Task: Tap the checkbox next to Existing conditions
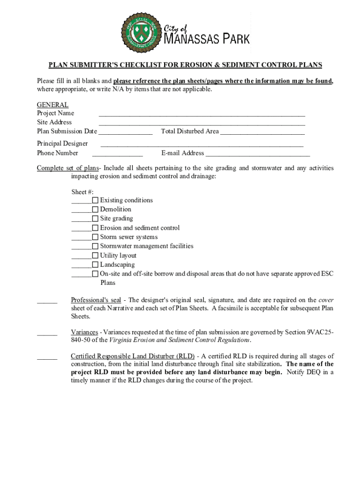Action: (95, 200)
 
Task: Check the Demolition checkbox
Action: (95, 210)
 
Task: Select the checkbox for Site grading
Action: (95, 218)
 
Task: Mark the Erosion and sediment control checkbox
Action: (95, 228)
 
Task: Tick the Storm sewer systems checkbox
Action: (95, 237)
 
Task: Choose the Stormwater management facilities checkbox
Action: (95, 246)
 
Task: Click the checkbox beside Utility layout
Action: (95, 255)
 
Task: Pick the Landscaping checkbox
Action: (95, 265)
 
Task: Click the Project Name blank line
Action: (202, 114)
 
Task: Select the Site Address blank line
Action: (202, 123)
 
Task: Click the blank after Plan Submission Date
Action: (125, 133)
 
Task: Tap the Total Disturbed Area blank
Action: (262, 133)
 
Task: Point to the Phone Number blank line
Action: (117, 154)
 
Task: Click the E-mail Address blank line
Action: (258, 154)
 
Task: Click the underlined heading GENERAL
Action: (53, 105)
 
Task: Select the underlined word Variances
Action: (84, 332)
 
